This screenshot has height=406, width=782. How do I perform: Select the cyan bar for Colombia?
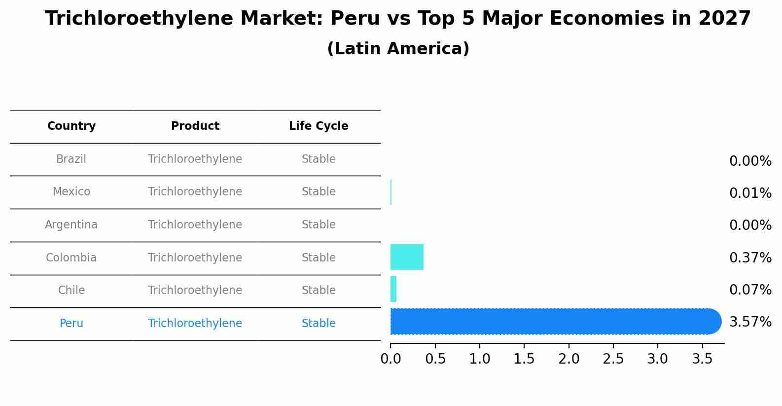[x=407, y=257]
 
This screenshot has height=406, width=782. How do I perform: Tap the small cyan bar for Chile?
[x=393, y=289]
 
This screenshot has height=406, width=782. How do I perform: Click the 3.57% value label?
[x=750, y=322]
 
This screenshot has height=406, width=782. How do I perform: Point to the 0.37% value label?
[x=750, y=258]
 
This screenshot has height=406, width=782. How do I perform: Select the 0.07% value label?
[x=750, y=290]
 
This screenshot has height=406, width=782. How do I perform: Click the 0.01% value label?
[x=750, y=193]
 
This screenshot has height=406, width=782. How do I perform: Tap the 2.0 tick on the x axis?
[x=569, y=359]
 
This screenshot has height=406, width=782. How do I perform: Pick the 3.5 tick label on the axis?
[x=702, y=359]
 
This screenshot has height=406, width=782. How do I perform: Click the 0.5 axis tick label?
[x=435, y=359]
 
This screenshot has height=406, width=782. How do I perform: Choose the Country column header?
[x=71, y=126]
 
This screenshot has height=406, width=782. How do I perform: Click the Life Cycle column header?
[x=319, y=126]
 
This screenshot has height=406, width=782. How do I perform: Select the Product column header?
[x=195, y=126]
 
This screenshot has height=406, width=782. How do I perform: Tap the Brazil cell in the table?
[x=71, y=159]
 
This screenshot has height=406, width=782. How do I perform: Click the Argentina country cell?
[x=71, y=225]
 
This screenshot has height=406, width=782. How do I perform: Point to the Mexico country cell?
[x=71, y=192]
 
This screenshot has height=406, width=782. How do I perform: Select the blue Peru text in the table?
[x=71, y=324]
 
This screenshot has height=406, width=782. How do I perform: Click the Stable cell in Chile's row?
[x=319, y=291]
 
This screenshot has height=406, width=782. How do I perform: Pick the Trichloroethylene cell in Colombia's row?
[x=195, y=258]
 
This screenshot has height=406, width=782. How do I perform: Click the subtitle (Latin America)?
[x=398, y=49]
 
